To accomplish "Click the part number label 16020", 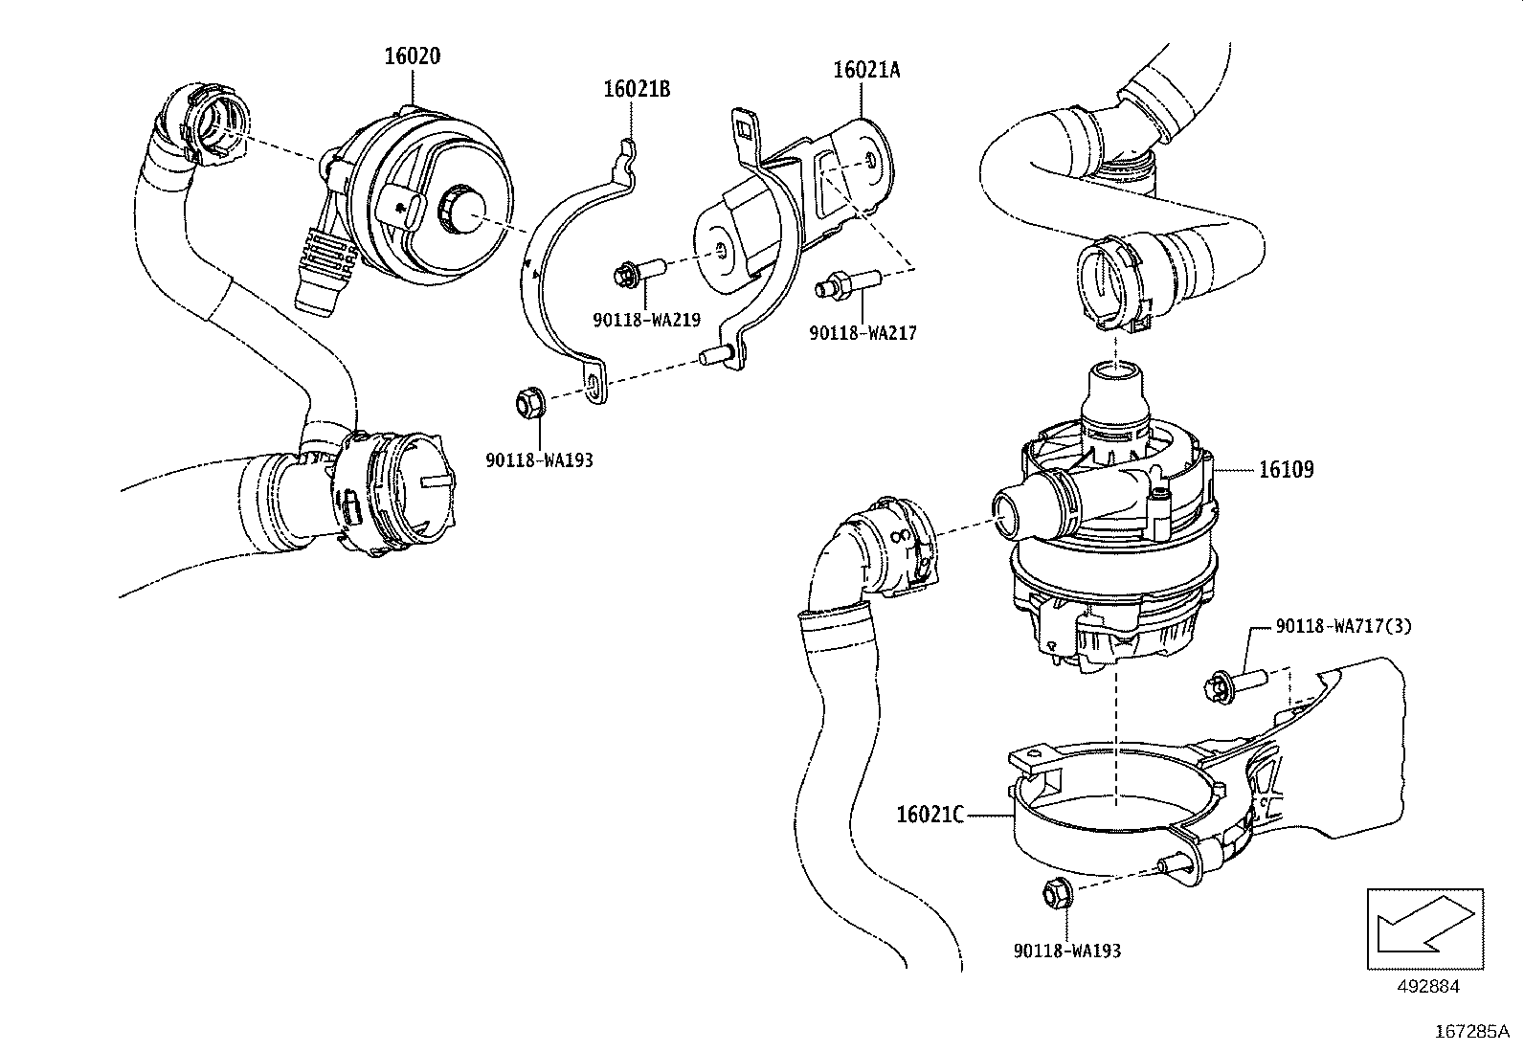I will [412, 56].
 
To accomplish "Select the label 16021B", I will [637, 89].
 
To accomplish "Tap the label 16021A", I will [866, 70].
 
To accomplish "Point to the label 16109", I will [1286, 470].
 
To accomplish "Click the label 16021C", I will [929, 816].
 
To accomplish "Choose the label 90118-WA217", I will [863, 332].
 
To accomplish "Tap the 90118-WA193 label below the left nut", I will [539, 460].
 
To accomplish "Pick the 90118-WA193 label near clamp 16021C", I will [1066, 951].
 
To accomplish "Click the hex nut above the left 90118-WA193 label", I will [528, 402].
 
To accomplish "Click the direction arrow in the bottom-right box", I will [1424, 926].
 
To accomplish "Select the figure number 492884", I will [1425, 986].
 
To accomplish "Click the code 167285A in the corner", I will [1470, 1032].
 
